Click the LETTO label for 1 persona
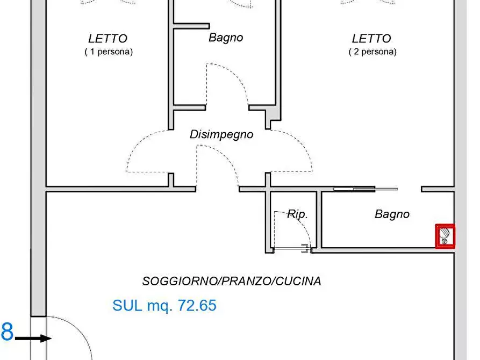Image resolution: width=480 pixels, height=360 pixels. click(108, 39)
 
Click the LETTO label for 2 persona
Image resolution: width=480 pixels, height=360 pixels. click(371, 39)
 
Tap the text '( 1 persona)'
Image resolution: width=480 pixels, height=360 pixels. click(108, 52)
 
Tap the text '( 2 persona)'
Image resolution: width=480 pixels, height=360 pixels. click(372, 52)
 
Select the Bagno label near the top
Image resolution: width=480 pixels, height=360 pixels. click(226, 38)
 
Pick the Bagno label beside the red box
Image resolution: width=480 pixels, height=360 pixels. click(392, 214)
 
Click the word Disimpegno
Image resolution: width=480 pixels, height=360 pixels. click(221, 134)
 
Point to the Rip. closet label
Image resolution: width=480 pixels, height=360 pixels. click(297, 214)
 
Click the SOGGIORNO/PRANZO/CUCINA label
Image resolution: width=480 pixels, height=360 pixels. click(232, 281)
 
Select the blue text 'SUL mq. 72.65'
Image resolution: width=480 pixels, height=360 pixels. click(164, 306)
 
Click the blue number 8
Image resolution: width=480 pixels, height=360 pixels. click(6, 331)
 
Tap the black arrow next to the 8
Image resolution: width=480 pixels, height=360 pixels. click(33, 339)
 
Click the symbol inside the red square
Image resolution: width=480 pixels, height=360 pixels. click(445, 236)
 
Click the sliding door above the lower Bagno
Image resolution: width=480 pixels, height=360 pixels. click(366, 189)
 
